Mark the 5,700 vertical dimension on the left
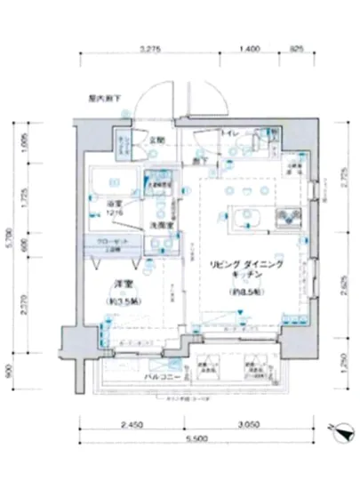[11, 238]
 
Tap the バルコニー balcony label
[161, 377]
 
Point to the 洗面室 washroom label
[160, 225]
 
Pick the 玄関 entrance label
[157, 140]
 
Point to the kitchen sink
[288, 216]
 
